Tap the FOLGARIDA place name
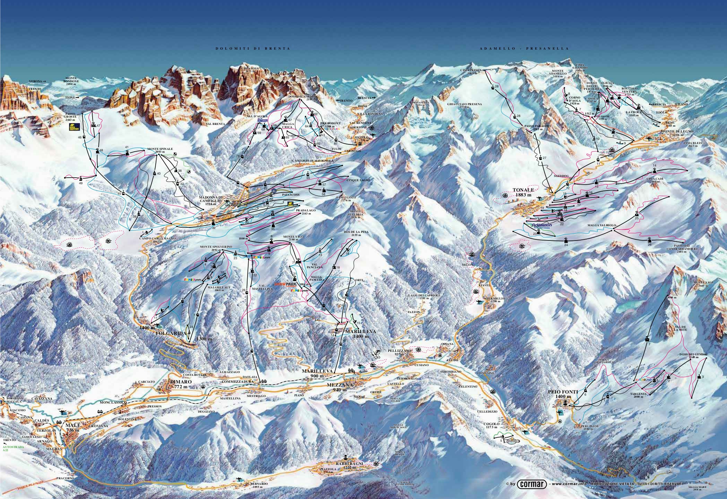[x=170, y=333]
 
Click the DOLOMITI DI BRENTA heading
[x=252, y=49]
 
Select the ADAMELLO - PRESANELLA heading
[x=524, y=49]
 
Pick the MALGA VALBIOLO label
[x=601, y=225]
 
